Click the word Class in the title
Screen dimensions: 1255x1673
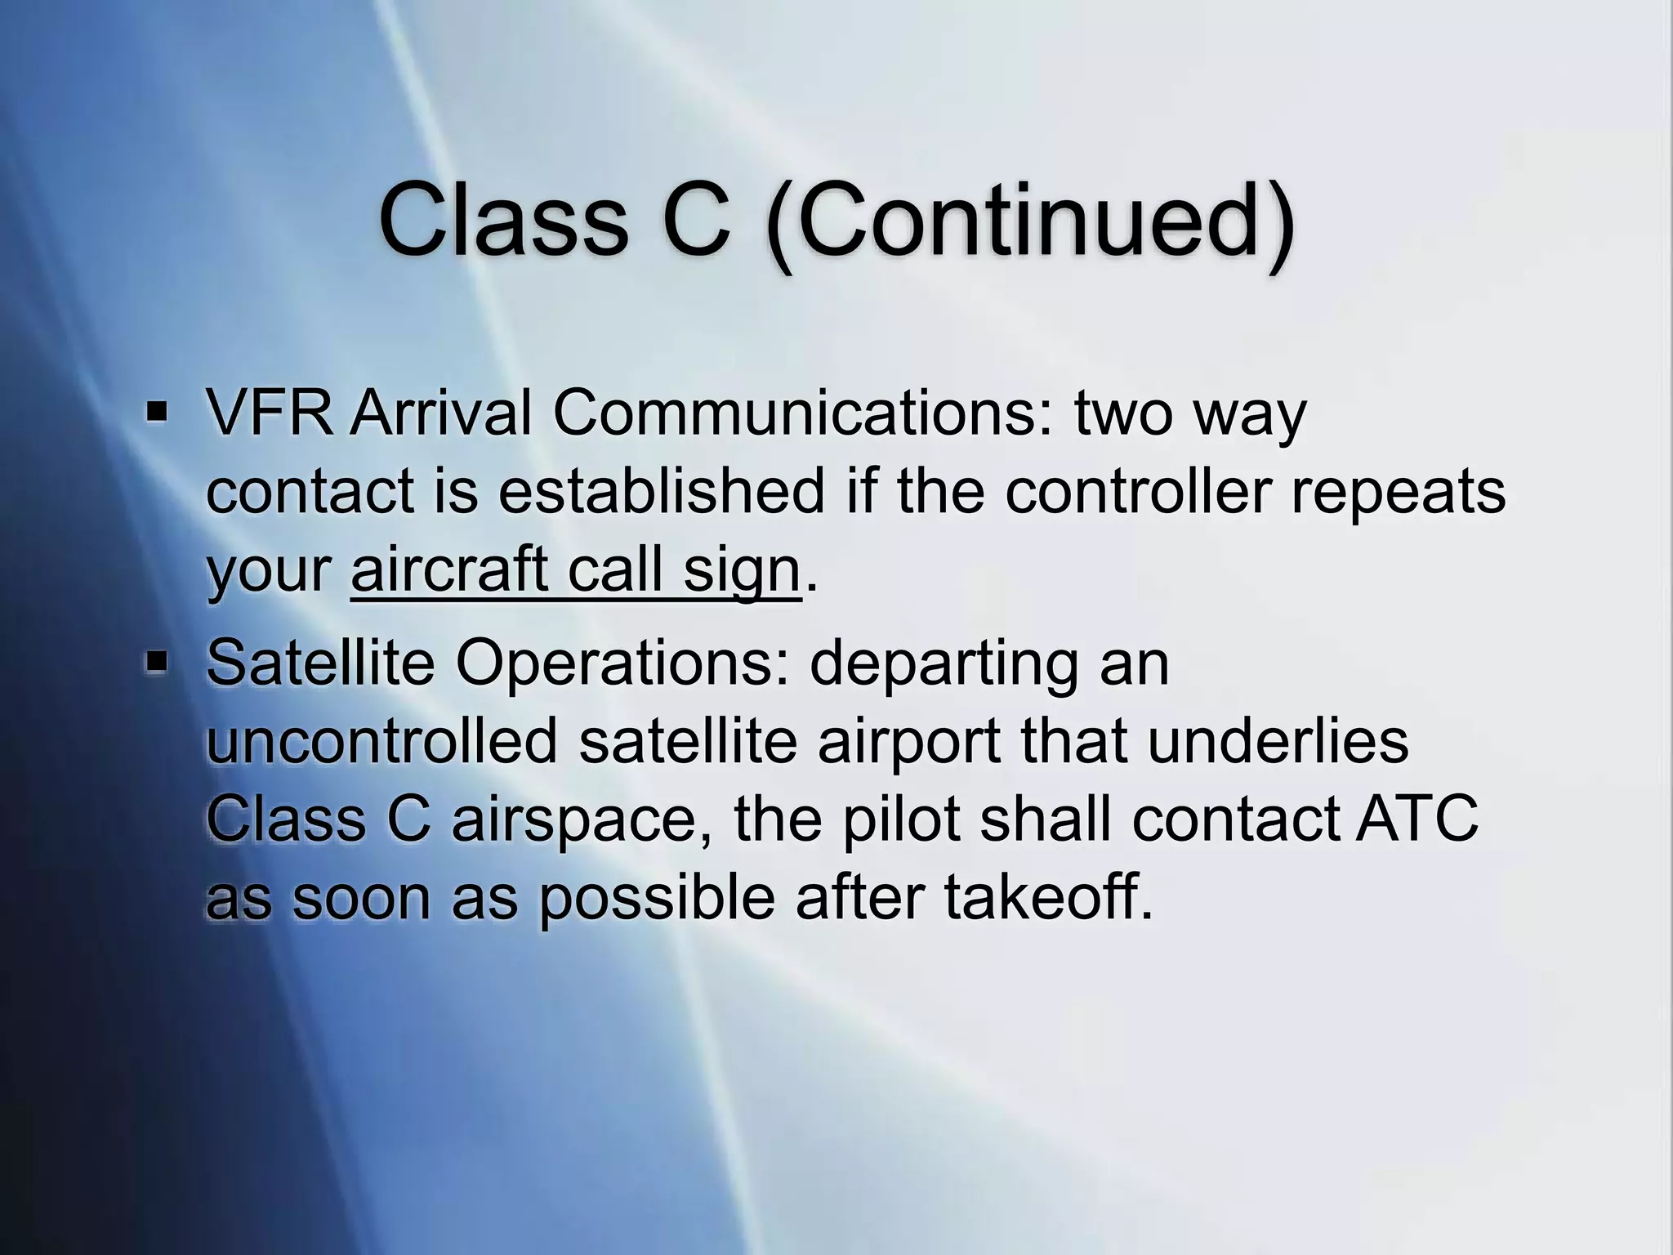502,220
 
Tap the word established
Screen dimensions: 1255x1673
662,492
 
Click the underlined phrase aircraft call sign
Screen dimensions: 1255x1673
575,571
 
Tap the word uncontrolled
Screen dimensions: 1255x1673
381,741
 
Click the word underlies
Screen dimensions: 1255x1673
1278,741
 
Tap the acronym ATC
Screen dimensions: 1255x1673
1416,820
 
